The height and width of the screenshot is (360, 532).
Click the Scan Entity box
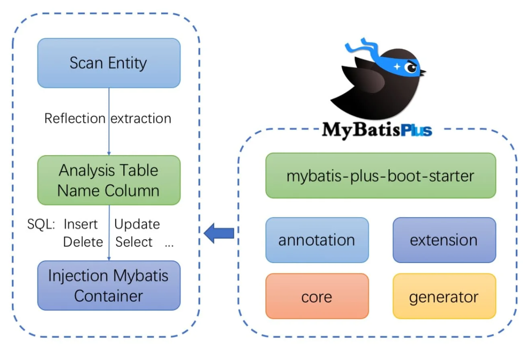tap(109, 63)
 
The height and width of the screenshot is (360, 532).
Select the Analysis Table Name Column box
tap(109, 180)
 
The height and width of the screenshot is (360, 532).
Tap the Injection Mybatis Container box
tap(109, 285)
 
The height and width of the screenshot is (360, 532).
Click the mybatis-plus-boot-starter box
tap(381, 176)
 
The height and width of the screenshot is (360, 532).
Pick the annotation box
tap(317, 240)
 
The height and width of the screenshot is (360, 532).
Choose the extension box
tap(444, 240)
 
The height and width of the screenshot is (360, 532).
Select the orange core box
tap(317, 296)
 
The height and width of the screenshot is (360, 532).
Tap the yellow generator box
tap(444, 296)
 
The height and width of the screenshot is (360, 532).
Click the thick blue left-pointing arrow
tap(219, 233)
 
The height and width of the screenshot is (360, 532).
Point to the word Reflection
tap(75, 118)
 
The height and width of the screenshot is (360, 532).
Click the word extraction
tap(141, 118)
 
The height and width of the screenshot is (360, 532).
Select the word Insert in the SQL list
tap(81, 224)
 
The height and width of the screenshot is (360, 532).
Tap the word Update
tap(137, 224)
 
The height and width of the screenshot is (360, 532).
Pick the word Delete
tap(83, 242)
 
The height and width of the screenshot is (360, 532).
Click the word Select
tap(134, 242)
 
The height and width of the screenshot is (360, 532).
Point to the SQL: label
tap(41, 224)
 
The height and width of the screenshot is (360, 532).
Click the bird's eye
tap(411, 68)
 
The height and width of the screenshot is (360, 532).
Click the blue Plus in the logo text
tap(416, 129)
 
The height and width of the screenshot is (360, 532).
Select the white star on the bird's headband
tap(397, 66)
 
